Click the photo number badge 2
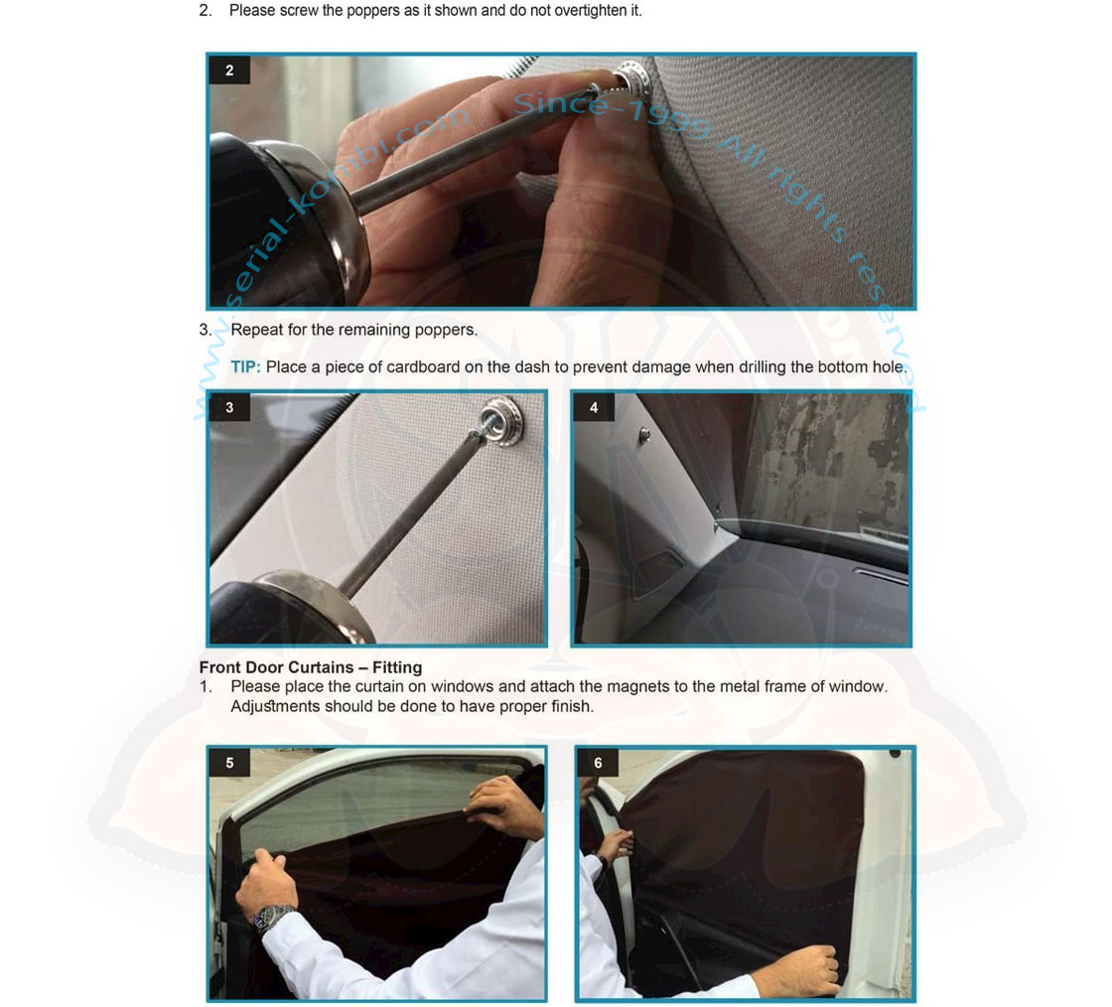pyautogui.click(x=229, y=71)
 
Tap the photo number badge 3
pyautogui.click(x=229, y=408)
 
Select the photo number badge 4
pyautogui.click(x=594, y=408)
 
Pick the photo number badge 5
pyautogui.click(x=229, y=763)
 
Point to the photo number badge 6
pyautogui.click(x=598, y=763)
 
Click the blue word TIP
pyautogui.click(x=245, y=367)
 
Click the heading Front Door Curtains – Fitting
pyautogui.click(x=311, y=667)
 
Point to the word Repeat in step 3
pyautogui.click(x=254, y=330)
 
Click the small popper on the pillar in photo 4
pyautogui.click(x=644, y=434)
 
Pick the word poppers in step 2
pyautogui.click(x=373, y=11)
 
